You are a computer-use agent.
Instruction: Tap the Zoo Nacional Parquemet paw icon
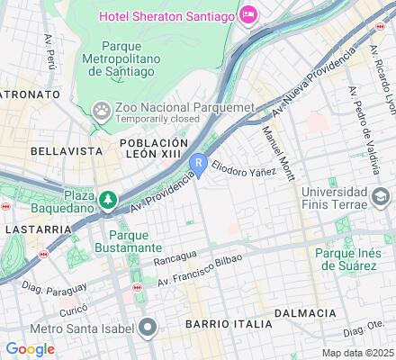(x=101, y=110)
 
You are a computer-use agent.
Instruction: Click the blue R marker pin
(x=200, y=162)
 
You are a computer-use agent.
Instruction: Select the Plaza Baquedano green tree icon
(x=108, y=199)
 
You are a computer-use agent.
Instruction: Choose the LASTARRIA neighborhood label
(x=36, y=229)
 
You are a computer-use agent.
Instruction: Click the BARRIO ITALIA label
(x=228, y=323)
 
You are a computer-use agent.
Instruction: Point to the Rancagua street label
(x=175, y=255)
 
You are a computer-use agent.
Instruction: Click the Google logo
(x=30, y=349)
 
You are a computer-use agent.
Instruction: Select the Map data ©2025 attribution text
(x=358, y=353)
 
